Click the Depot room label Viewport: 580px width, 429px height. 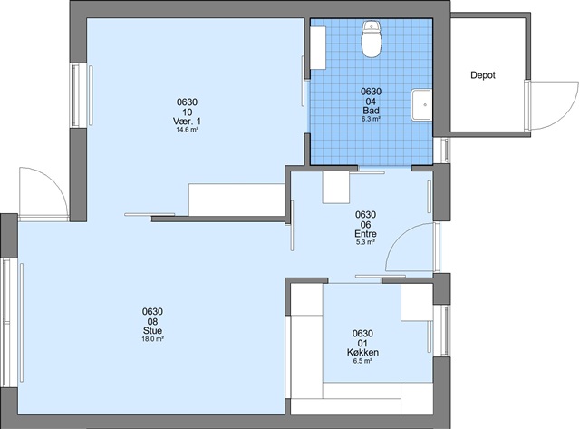click(483, 75)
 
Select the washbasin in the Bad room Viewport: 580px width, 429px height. click(421, 104)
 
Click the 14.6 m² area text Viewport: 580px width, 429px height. click(188, 130)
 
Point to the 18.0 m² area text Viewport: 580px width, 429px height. click(153, 338)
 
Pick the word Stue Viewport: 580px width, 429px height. click(152, 330)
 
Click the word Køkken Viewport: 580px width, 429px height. click(362, 353)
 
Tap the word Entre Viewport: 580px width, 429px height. click(365, 234)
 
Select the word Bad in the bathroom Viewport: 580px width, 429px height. click(371, 111)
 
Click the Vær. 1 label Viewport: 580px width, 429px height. click(187, 121)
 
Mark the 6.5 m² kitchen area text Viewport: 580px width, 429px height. click(362, 360)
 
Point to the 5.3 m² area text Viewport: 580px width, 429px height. click(365, 242)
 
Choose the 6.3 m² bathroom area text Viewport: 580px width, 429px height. click(371, 119)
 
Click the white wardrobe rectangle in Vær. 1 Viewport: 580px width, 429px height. click(237, 200)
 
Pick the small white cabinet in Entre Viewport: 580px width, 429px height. click(336, 187)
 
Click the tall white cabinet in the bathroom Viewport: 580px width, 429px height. click(318, 47)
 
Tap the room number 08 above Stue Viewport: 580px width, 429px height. click(152, 321)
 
